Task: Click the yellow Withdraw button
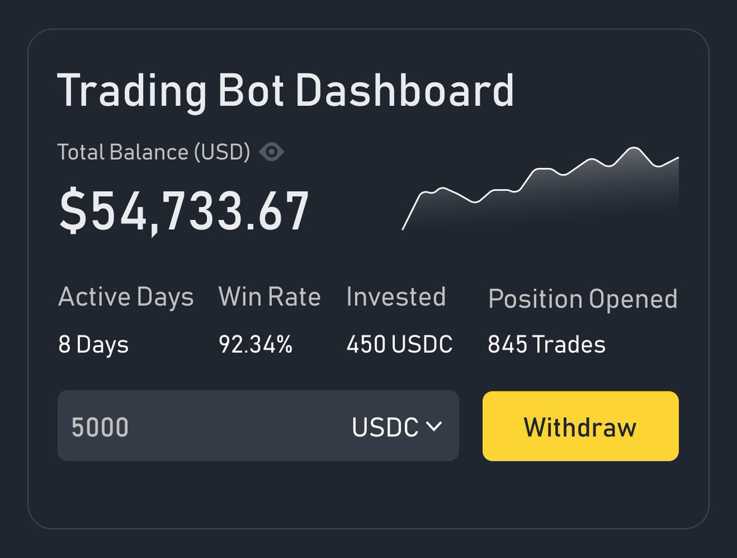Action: [x=580, y=426]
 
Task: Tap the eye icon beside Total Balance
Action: [x=271, y=152]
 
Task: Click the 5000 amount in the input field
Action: [x=99, y=427]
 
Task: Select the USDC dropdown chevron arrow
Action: [x=434, y=426]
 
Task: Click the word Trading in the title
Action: [x=131, y=92]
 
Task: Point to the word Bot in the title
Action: [x=251, y=90]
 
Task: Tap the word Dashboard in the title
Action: [x=405, y=90]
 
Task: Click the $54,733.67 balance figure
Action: [x=184, y=211]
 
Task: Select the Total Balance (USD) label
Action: [x=154, y=152]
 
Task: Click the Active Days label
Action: [x=126, y=297]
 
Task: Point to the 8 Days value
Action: [x=93, y=345]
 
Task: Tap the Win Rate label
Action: [x=269, y=297]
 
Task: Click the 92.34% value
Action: [x=255, y=344]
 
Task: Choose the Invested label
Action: [x=396, y=297]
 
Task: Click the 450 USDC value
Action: [x=400, y=344]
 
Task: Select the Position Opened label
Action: [x=583, y=299]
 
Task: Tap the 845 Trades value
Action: [x=547, y=344]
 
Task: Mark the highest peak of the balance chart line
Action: [x=633, y=147]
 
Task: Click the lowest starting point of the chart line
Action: [x=402, y=229]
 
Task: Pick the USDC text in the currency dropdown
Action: [x=385, y=427]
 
